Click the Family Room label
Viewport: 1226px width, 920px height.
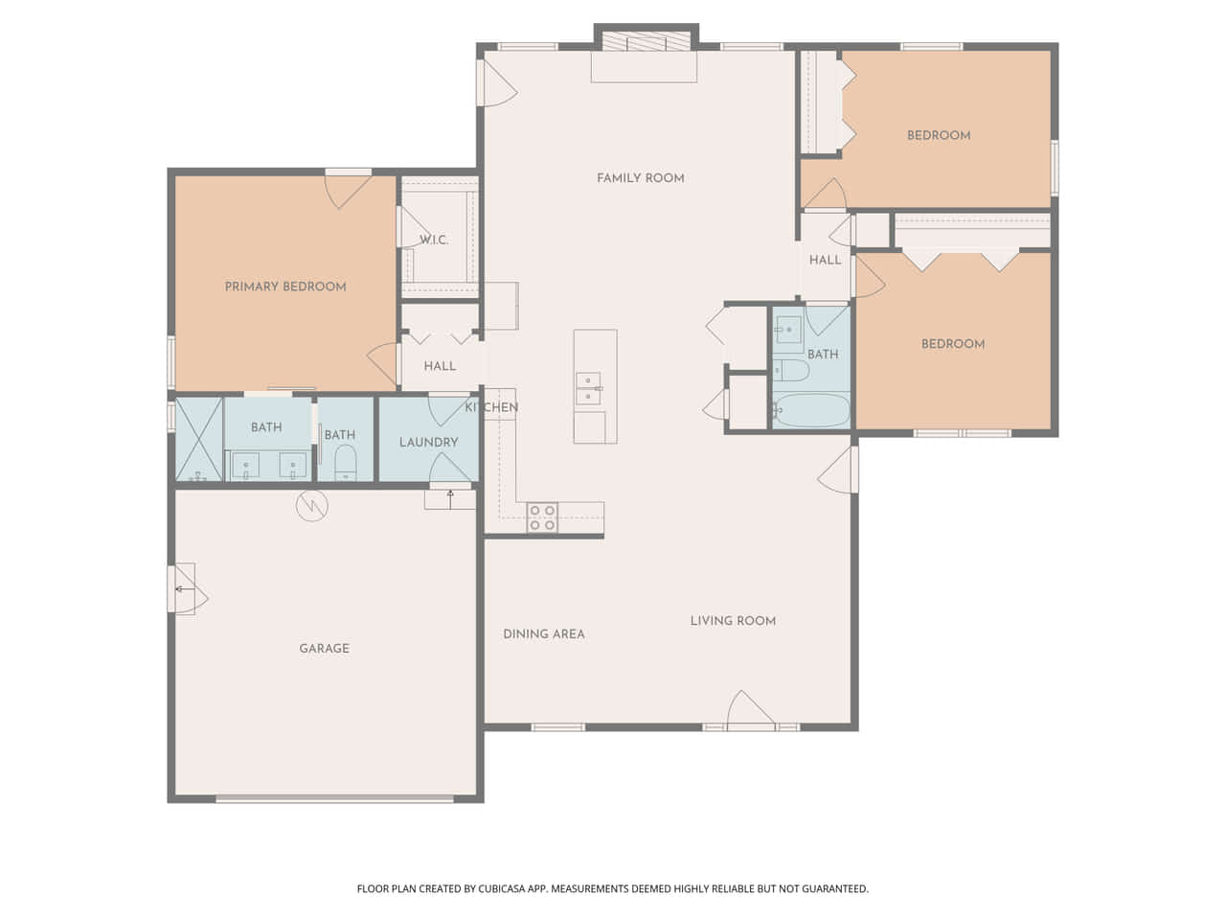(640, 178)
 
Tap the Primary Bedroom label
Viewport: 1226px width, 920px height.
(285, 287)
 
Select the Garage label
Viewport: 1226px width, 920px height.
(325, 648)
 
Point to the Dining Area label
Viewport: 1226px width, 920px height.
(544, 634)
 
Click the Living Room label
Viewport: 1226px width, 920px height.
(733, 621)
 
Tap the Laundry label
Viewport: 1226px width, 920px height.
(428, 442)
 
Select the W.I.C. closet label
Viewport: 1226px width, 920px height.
(434, 240)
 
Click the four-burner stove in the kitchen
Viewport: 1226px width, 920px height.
(542, 517)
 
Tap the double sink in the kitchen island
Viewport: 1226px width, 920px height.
(589, 388)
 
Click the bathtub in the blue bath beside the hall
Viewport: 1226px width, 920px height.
(811, 410)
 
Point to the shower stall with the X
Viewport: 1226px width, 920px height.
(199, 439)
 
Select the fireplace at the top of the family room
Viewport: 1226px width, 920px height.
(647, 41)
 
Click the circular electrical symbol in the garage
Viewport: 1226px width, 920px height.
(311, 506)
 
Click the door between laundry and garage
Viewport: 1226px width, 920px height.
(449, 468)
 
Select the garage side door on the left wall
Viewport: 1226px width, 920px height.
(189, 588)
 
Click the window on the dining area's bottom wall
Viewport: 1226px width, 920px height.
(557, 726)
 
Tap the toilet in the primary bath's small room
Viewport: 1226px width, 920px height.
(345, 463)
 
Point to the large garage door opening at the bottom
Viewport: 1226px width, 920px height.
(334, 799)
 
